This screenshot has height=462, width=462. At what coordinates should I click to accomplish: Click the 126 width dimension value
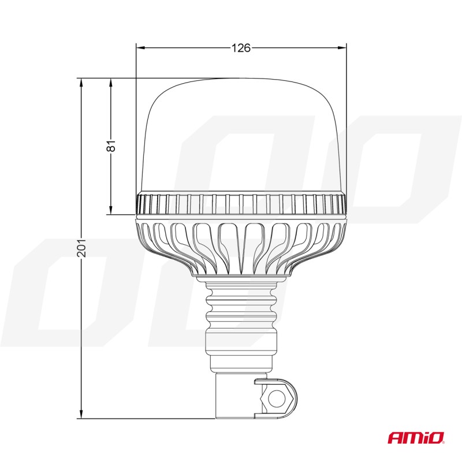(241, 48)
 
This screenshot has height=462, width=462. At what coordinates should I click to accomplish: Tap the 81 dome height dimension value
(112, 146)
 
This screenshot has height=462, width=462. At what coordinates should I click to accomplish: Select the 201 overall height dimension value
(81, 247)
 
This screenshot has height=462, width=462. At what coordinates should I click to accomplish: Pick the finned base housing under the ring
(241, 243)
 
